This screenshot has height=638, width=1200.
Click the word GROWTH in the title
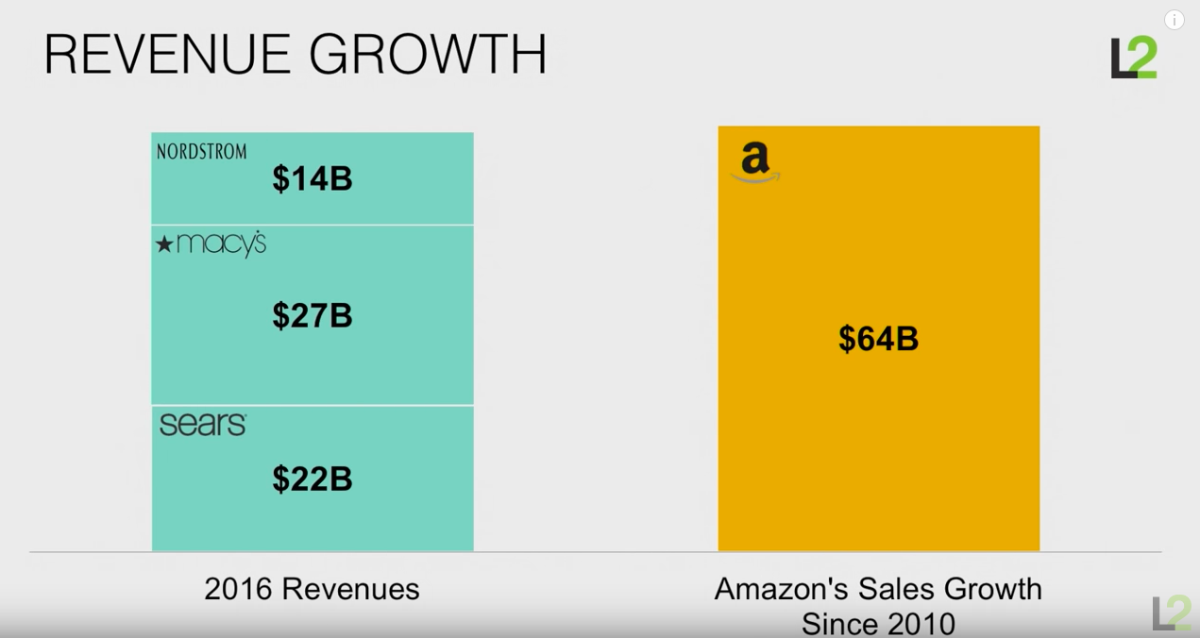click(429, 54)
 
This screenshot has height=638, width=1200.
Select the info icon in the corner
click(1174, 20)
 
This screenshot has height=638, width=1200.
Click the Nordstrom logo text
click(201, 152)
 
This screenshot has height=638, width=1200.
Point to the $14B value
click(313, 179)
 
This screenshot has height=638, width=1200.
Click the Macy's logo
click(211, 244)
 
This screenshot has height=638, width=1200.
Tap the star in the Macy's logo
click(164, 245)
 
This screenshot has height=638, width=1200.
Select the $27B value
click(313, 316)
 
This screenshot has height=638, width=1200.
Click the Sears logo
click(203, 425)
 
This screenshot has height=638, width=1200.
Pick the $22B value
click(313, 479)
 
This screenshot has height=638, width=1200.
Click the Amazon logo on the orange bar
click(754, 162)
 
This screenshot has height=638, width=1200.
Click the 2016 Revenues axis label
click(312, 590)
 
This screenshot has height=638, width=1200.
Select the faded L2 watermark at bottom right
click(1171, 613)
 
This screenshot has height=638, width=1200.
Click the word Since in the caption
click(837, 624)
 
